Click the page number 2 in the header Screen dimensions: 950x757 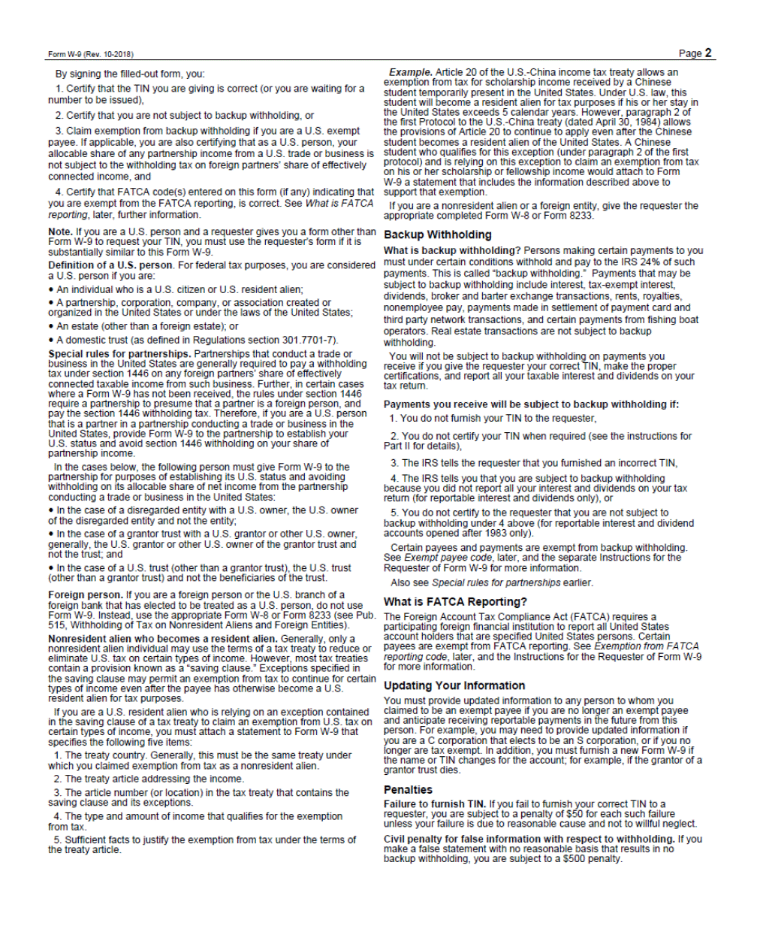tap(707, 53)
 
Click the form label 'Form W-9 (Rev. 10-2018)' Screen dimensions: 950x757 tap(91, 54)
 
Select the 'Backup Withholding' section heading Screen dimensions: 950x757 tap(437, 234)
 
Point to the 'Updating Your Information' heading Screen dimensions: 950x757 tap(454, 685)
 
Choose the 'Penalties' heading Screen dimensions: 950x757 tap(408, 789)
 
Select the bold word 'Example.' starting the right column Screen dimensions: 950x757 tap(410, 72)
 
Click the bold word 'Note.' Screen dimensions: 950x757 tap(60, 231)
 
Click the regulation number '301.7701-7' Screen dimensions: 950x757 tap(309, 340)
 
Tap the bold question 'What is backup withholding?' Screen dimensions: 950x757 tap(451, 250)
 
